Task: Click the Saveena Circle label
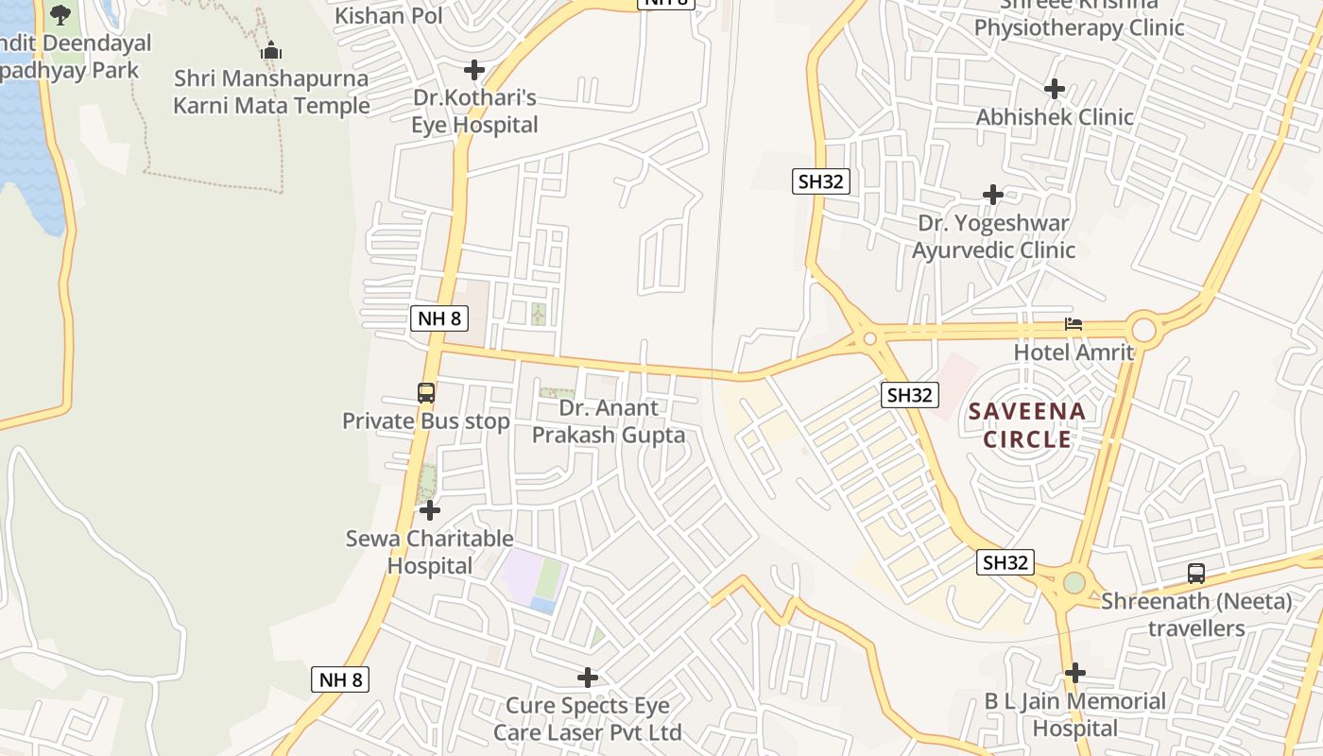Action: [x=1027, y=425]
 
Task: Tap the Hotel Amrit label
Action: [x=1074, y=352]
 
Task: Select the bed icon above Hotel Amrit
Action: [x=1074, y=324]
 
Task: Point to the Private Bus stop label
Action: [x=426, y=421]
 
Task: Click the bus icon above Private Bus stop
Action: [x=426, y=393]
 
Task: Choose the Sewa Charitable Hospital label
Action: [x=430, y=552]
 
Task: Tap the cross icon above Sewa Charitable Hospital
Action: [x=430, y=510]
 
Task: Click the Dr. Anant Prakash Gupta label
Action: [x=609, y=421]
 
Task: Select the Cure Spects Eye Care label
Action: [x=588, y=719]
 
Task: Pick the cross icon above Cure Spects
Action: [x=588, y=678]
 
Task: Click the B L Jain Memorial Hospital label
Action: [x=1075, y=714]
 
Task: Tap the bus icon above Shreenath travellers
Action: [x=1196, y=573]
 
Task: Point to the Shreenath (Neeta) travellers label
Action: [x=1196, y=614]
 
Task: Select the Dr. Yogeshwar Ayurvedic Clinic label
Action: [x=993, y=236]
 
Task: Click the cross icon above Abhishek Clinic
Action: [x=1055, y=89]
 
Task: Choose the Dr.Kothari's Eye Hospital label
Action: [x=474, y=112]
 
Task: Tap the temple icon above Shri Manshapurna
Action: [x=271, y=50]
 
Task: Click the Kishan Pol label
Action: [x=388, y=15]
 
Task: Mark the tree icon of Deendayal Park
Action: [x=60, y=15]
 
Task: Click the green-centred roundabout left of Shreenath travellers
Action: [x=1074, y=582]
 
